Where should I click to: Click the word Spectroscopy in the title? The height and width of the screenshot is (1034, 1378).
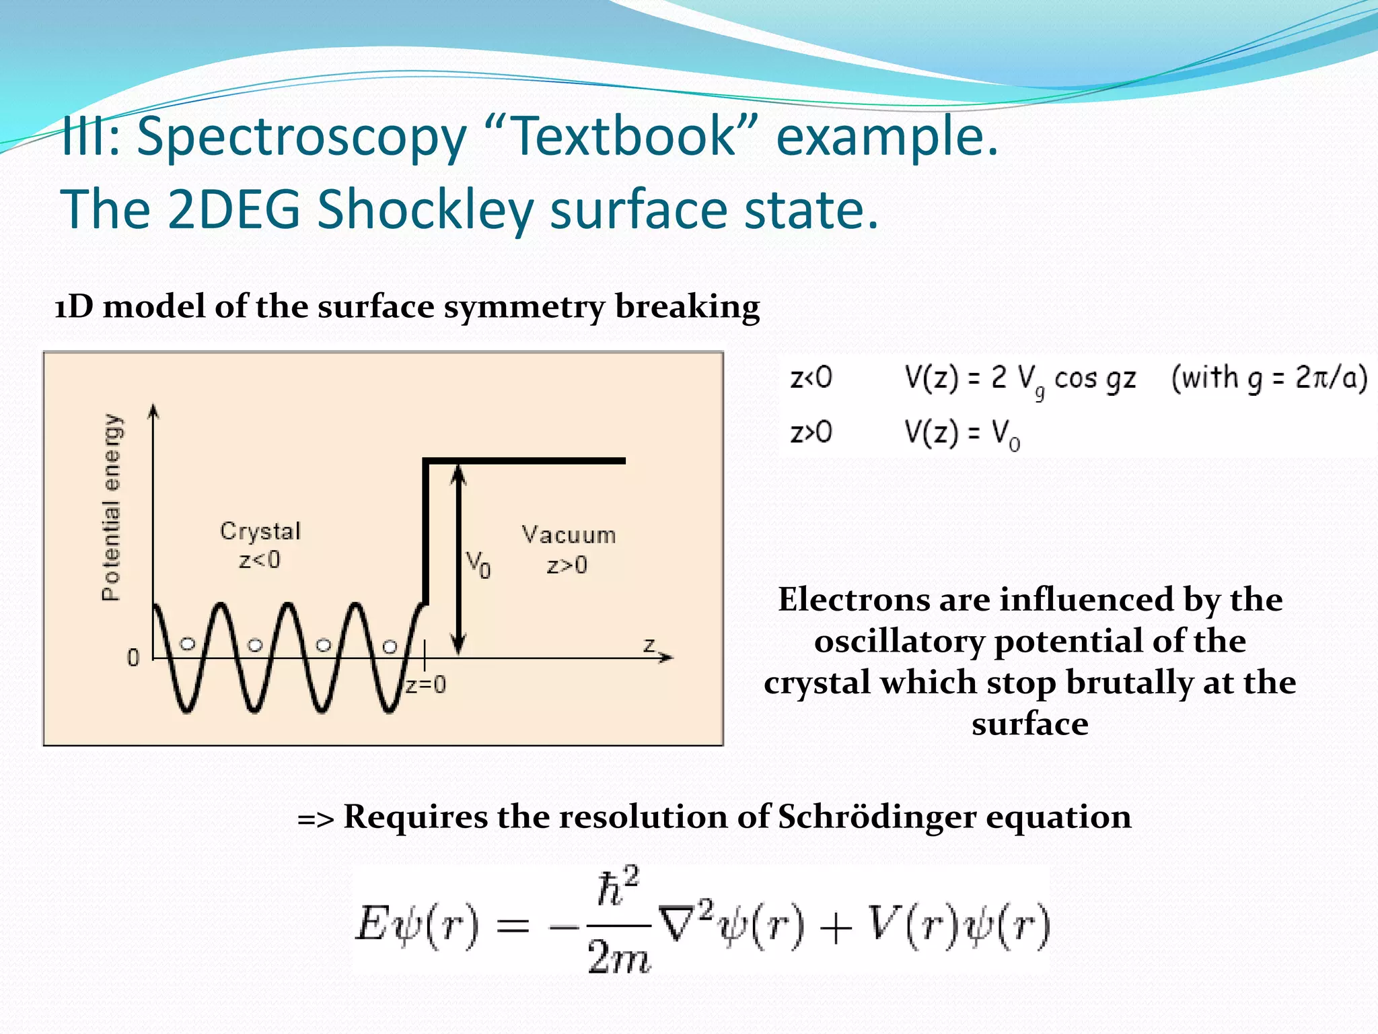pos(301,137)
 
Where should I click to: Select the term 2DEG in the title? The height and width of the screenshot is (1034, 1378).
pos(233,210)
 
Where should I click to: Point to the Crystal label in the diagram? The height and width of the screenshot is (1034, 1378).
pos(260,531)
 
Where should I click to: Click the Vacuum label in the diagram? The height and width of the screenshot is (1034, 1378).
pos(569,535)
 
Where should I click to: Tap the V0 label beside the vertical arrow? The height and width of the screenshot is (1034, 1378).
pos(478,564)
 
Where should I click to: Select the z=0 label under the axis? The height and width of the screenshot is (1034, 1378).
pos(426,685)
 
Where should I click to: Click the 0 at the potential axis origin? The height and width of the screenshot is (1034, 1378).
pos(133,657)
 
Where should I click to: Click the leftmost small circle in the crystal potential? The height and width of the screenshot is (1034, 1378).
pos(188,644)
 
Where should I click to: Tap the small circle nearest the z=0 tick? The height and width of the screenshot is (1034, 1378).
pos(390,646)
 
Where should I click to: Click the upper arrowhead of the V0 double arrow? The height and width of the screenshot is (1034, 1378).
pos(458,474)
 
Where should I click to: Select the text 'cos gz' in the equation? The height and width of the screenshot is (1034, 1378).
pos(1094,378)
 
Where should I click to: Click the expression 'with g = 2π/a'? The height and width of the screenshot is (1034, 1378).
pos(1268,378)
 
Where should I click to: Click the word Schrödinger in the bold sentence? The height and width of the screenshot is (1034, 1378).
pos(877,817)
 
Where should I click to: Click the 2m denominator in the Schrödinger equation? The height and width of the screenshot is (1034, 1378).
pos(618,957)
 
